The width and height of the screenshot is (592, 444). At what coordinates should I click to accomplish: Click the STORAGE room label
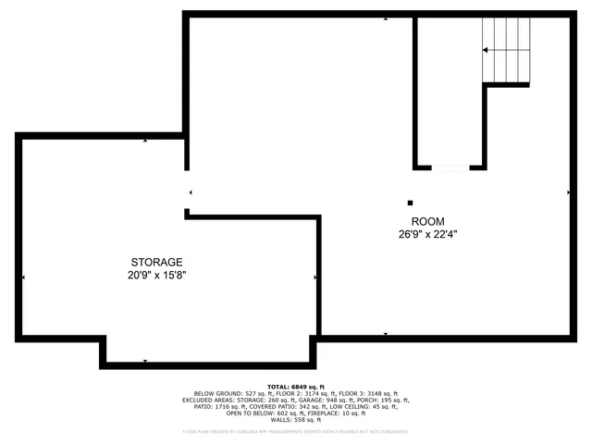click(x=156, y=262)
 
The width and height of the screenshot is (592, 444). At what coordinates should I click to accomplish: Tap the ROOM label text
click(x=428, y=221)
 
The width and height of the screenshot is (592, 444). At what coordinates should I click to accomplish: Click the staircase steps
click(x=506, y=51)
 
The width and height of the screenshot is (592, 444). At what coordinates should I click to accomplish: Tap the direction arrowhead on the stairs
click(x=486, y=49)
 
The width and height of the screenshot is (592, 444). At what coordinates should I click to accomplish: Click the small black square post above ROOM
click(x=411, y=203)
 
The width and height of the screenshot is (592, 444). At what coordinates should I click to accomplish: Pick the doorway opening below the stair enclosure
click(x=450, y=167)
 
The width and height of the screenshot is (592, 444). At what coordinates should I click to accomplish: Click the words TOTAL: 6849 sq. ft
click(x=296, y=386)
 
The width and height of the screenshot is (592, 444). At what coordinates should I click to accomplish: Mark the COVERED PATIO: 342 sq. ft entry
click(x=297, y=406)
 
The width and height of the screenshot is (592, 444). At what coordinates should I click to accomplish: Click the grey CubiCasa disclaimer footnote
click(x=296, y=431)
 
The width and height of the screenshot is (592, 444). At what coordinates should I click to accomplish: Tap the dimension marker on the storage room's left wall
click(x=23, y=277)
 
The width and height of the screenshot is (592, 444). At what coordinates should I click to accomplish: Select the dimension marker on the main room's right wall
click(x=568, y=192)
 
